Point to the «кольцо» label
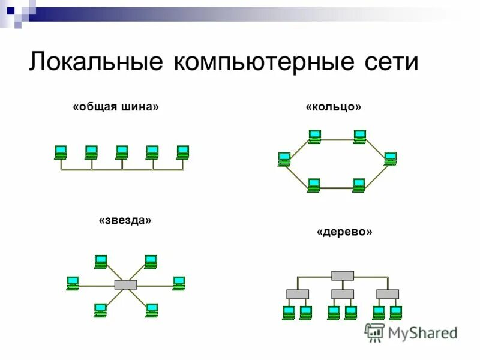click(334, 107)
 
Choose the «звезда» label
click(125, 220)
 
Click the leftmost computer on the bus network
click(61, 152)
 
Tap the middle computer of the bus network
click(122, 152)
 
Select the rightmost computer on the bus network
click(183, 152)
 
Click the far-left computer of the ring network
click(284, 159)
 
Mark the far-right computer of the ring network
click(391, 158)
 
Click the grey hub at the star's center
click(125, 285)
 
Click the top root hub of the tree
click(343, 275)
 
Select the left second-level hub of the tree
click(298, 294)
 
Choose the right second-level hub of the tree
click(388, 294)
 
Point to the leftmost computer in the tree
click(289, 313)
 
